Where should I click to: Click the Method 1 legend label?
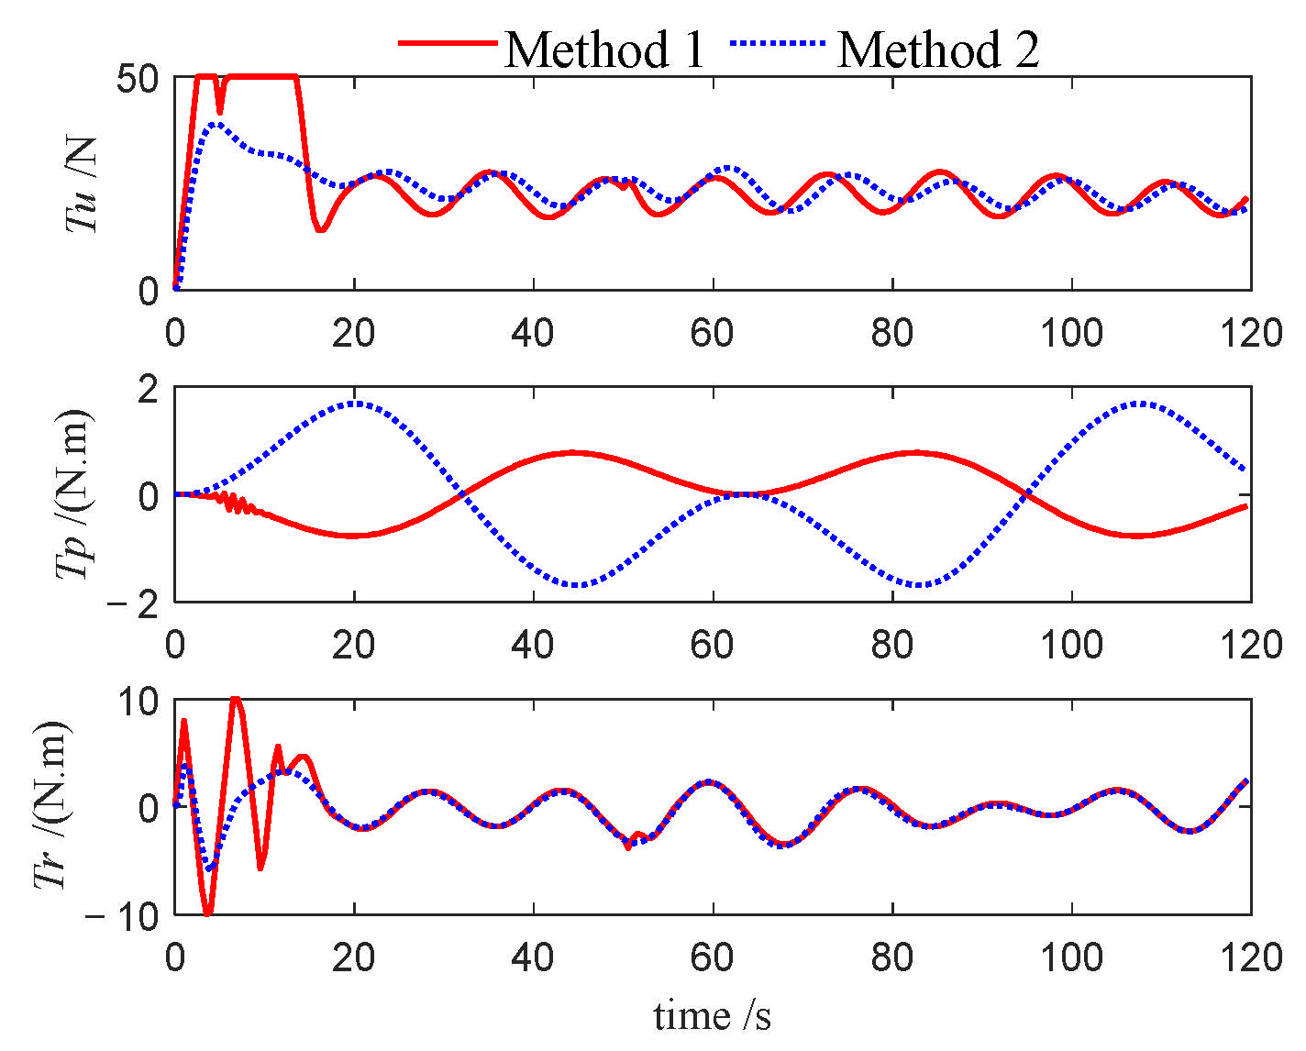(x=605, y=50)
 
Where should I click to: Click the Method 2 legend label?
(x=938, y=50)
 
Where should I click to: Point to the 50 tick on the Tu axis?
(x=138, y=79)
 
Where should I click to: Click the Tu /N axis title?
(x=83, y=183)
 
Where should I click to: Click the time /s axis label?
(x=712, y=1016)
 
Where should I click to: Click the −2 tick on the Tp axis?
(x=134, y=604)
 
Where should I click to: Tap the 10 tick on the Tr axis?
(x=138, y=702)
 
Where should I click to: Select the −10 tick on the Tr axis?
(x=123, y=916)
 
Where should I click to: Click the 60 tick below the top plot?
(x=712, y=333)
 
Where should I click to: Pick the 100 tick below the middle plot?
(x=1071, y=645)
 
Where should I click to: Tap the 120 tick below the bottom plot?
(x=1250, y=957)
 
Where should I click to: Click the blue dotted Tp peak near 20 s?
(x=355, y=404)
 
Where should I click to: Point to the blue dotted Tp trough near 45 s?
(x=577, y=585)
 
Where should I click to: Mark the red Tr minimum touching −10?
(x=207, y=913)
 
